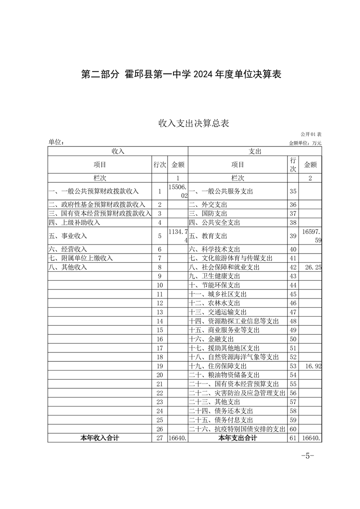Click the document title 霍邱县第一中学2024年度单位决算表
click(181, 74)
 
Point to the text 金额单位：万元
click(305, 143)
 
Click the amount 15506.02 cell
click(178, 191)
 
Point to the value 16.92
click(313, 366)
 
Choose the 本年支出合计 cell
click(237, 438)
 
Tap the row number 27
click(159, 438)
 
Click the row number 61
click(293, 438)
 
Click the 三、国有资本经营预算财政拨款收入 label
click(99, 213)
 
